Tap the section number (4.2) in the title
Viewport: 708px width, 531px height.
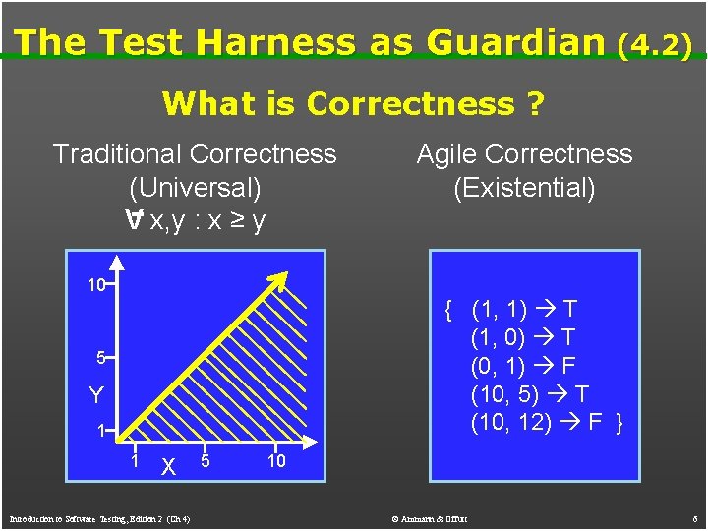(655, 44)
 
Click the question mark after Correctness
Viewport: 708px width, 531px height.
(535, 103)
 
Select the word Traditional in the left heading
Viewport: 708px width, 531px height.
(117, 154)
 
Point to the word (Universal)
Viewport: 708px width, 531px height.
(195, 187)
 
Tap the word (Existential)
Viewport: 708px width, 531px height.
(524, 187)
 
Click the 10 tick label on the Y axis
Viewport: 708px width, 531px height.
(95, 286)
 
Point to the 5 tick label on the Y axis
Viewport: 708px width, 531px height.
(100, 358)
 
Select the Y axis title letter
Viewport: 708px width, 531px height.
(96, 395)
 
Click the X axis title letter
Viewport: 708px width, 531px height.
(169, 467)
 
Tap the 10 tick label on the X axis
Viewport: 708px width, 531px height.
(276, 461)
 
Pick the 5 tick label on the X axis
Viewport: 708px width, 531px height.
(205, 461)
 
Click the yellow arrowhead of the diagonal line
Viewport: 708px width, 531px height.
(281, 281)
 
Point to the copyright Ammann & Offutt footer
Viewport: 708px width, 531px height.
(428, 518)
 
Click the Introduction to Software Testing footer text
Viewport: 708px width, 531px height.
(99, 518)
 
